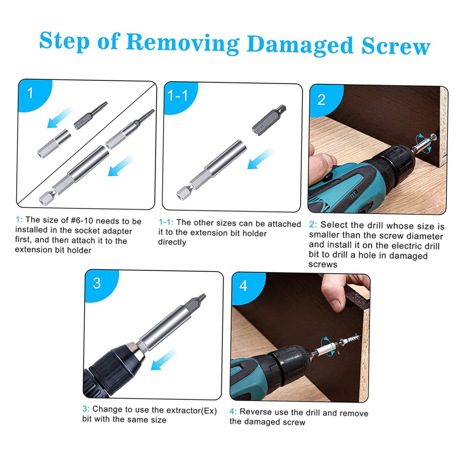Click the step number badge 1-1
click(178, 96)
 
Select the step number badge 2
click(321, 100)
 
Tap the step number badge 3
click(97, 283)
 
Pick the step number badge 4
click(243, 286)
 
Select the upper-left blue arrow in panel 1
click(59, 117)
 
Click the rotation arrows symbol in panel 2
click(424, 143)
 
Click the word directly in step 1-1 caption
click(172, 242)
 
